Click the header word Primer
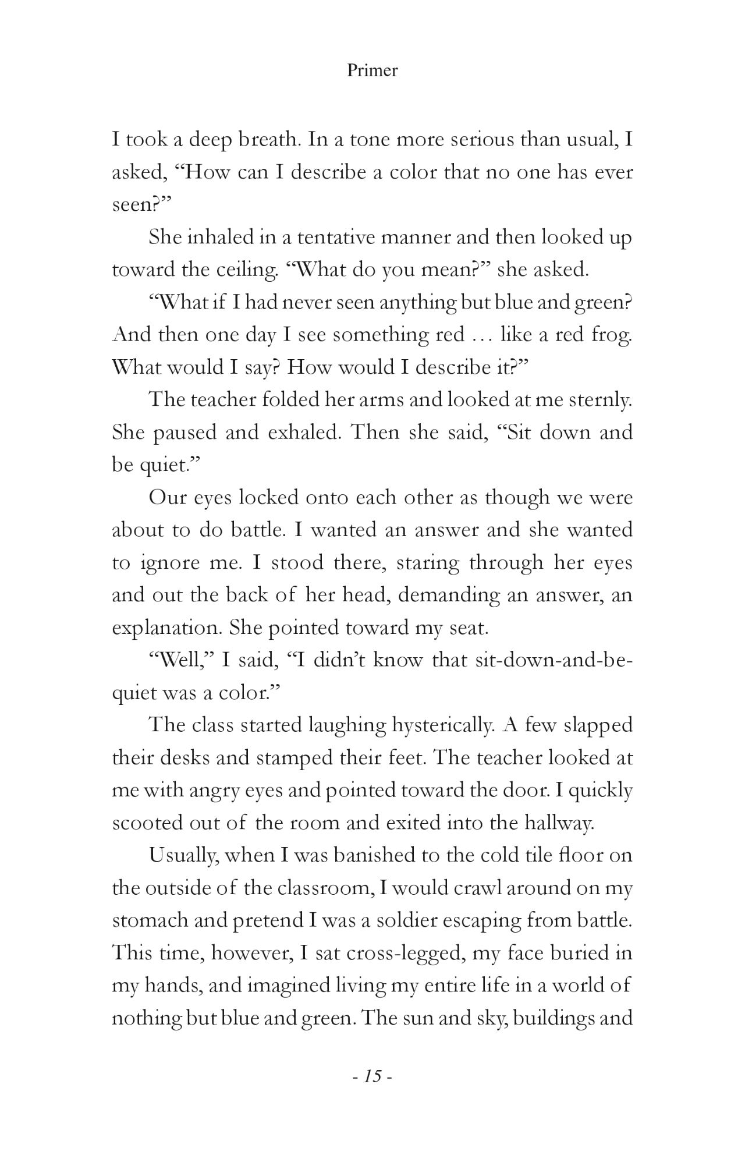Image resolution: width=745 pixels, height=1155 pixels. point(372,70)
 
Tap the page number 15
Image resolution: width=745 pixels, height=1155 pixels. point(372,1076)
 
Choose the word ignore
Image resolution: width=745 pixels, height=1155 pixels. point(169,564)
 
